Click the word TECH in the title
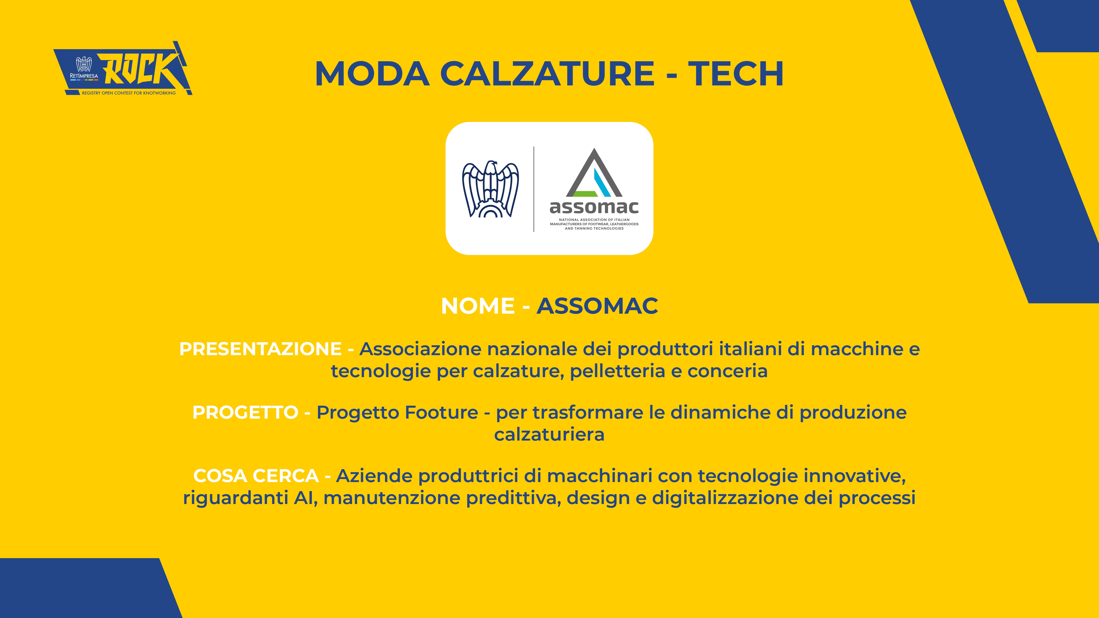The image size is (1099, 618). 736,74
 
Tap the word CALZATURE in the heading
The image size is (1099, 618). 547,74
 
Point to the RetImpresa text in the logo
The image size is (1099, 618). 84,76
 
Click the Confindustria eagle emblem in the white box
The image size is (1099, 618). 491,189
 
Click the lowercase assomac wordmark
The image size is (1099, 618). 594,208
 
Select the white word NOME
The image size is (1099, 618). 478,306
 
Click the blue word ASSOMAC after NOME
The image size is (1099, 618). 597,306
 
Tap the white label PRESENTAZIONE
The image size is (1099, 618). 260,349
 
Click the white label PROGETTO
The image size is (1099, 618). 245,413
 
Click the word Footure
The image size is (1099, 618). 441,413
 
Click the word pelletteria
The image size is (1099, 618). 618,371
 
